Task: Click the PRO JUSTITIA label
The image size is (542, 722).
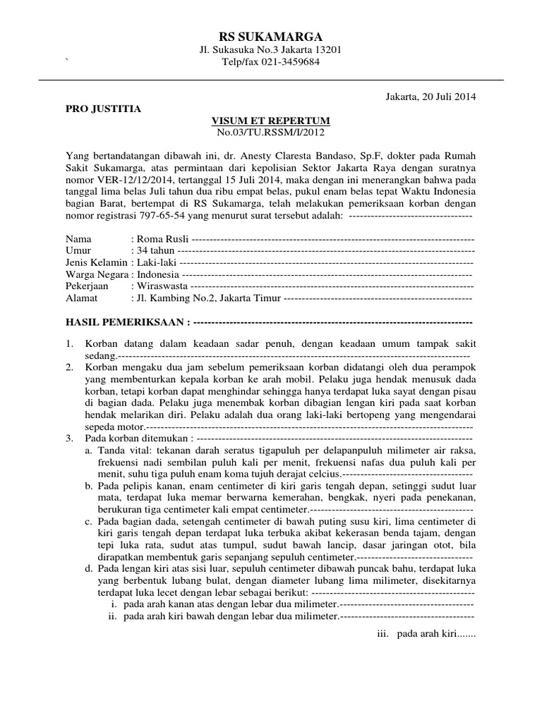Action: pos(103,109)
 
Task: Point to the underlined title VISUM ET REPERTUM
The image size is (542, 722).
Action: pos(271,121)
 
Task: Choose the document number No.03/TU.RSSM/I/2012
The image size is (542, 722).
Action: pos(271,132)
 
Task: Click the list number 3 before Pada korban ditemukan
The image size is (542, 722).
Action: pos(69,438)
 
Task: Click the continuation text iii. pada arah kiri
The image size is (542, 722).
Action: pos(428,633)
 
